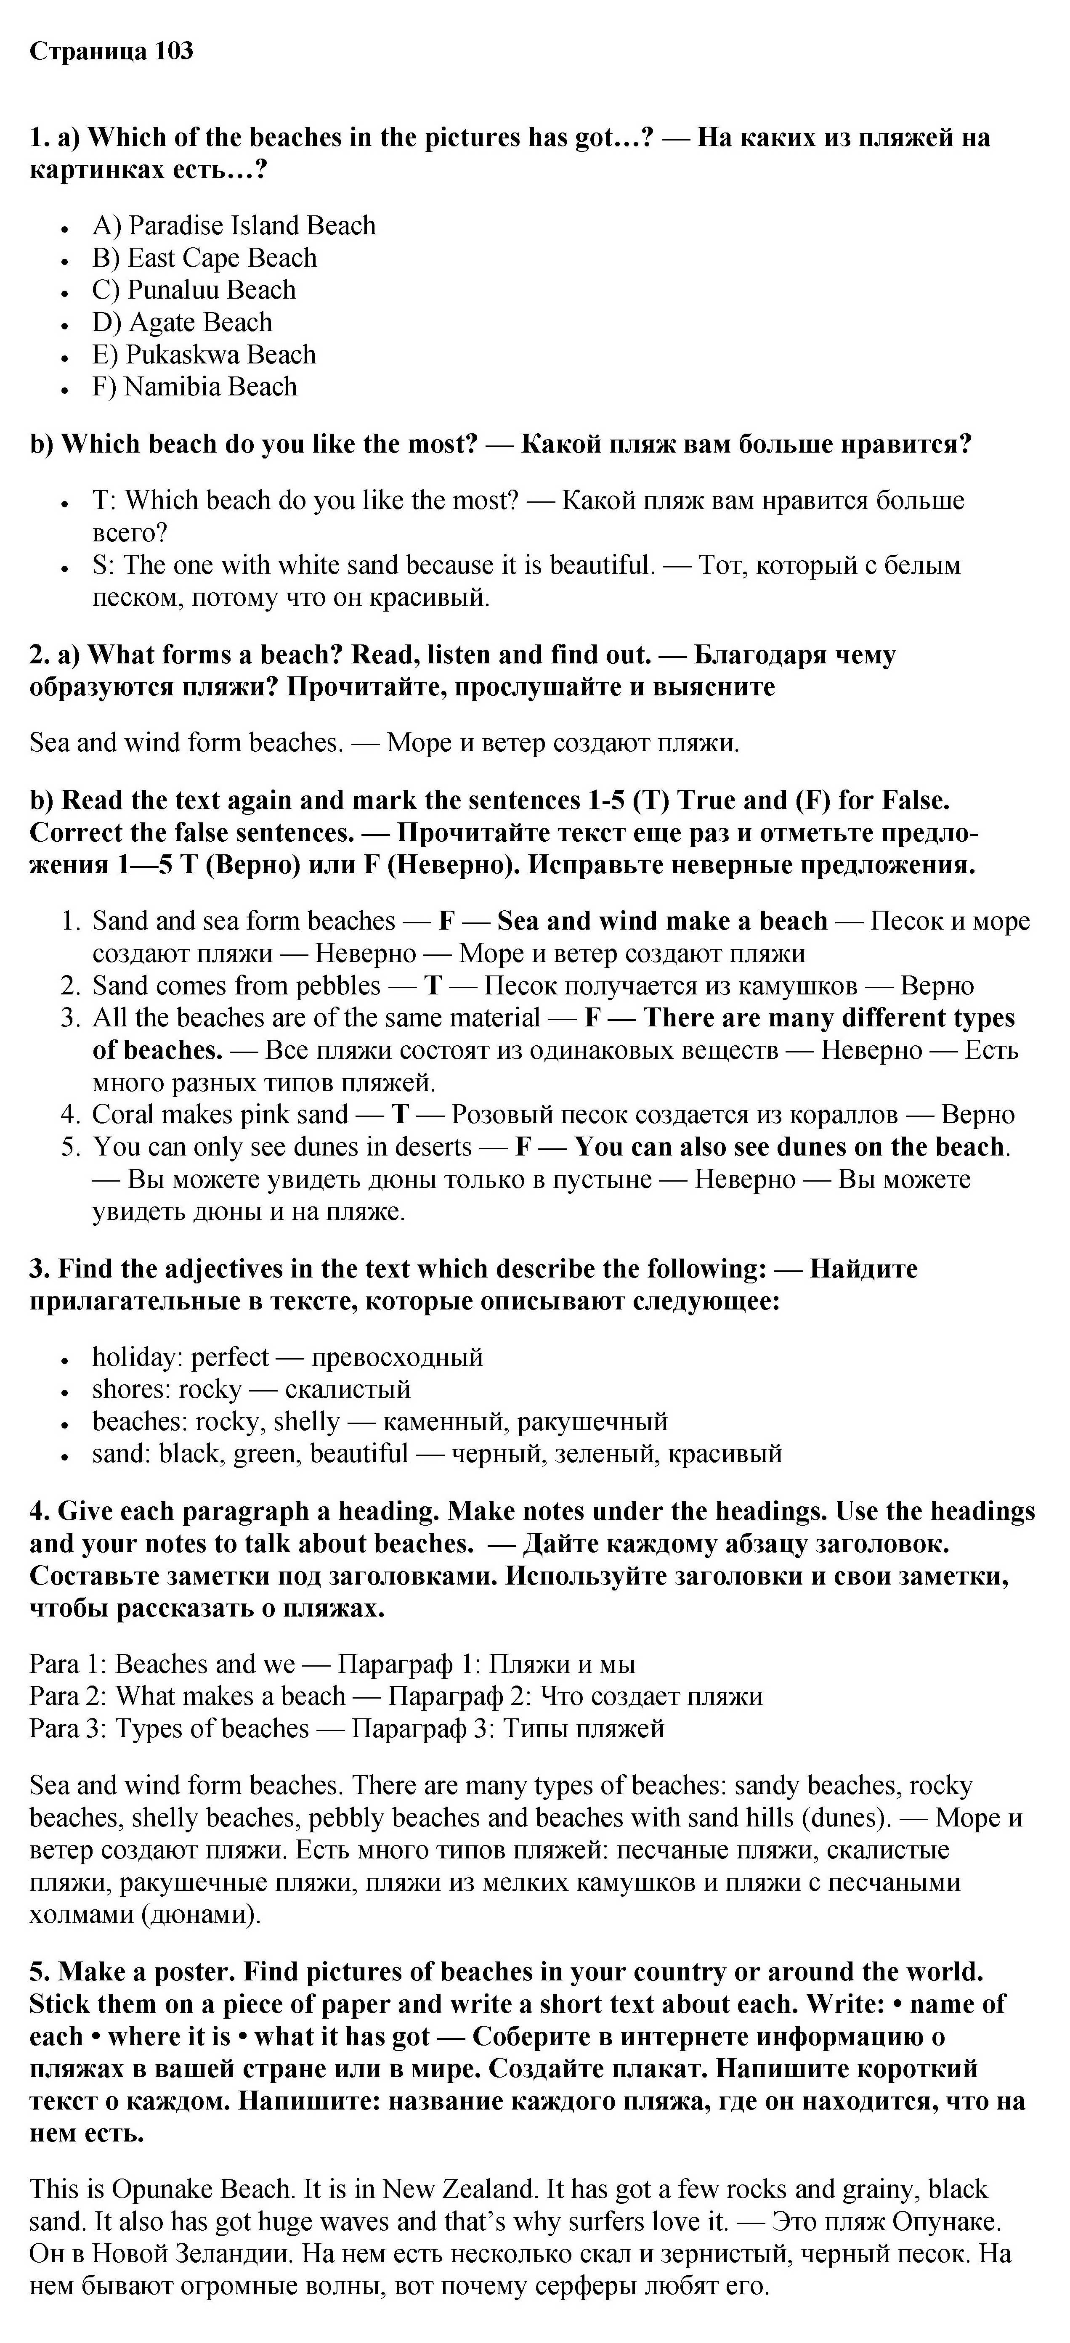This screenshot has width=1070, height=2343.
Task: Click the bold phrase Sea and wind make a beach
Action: pos(662,921)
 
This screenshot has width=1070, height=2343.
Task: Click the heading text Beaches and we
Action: pos(205,1664)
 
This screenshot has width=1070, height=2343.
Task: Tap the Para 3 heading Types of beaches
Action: pos(212,1729)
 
